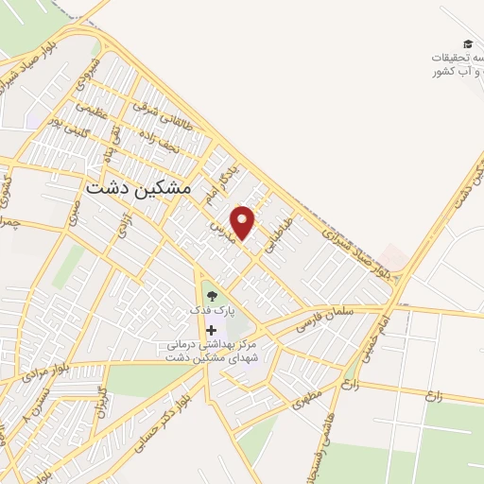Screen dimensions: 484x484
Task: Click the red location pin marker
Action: [x=244, y=222]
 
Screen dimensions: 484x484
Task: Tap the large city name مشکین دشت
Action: [x=138, y=188]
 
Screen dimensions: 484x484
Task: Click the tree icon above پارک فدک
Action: [x=211, y=295]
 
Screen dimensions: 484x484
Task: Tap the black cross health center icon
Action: [x=211, y=329]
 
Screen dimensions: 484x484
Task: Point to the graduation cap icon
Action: [x=466, y=44]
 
